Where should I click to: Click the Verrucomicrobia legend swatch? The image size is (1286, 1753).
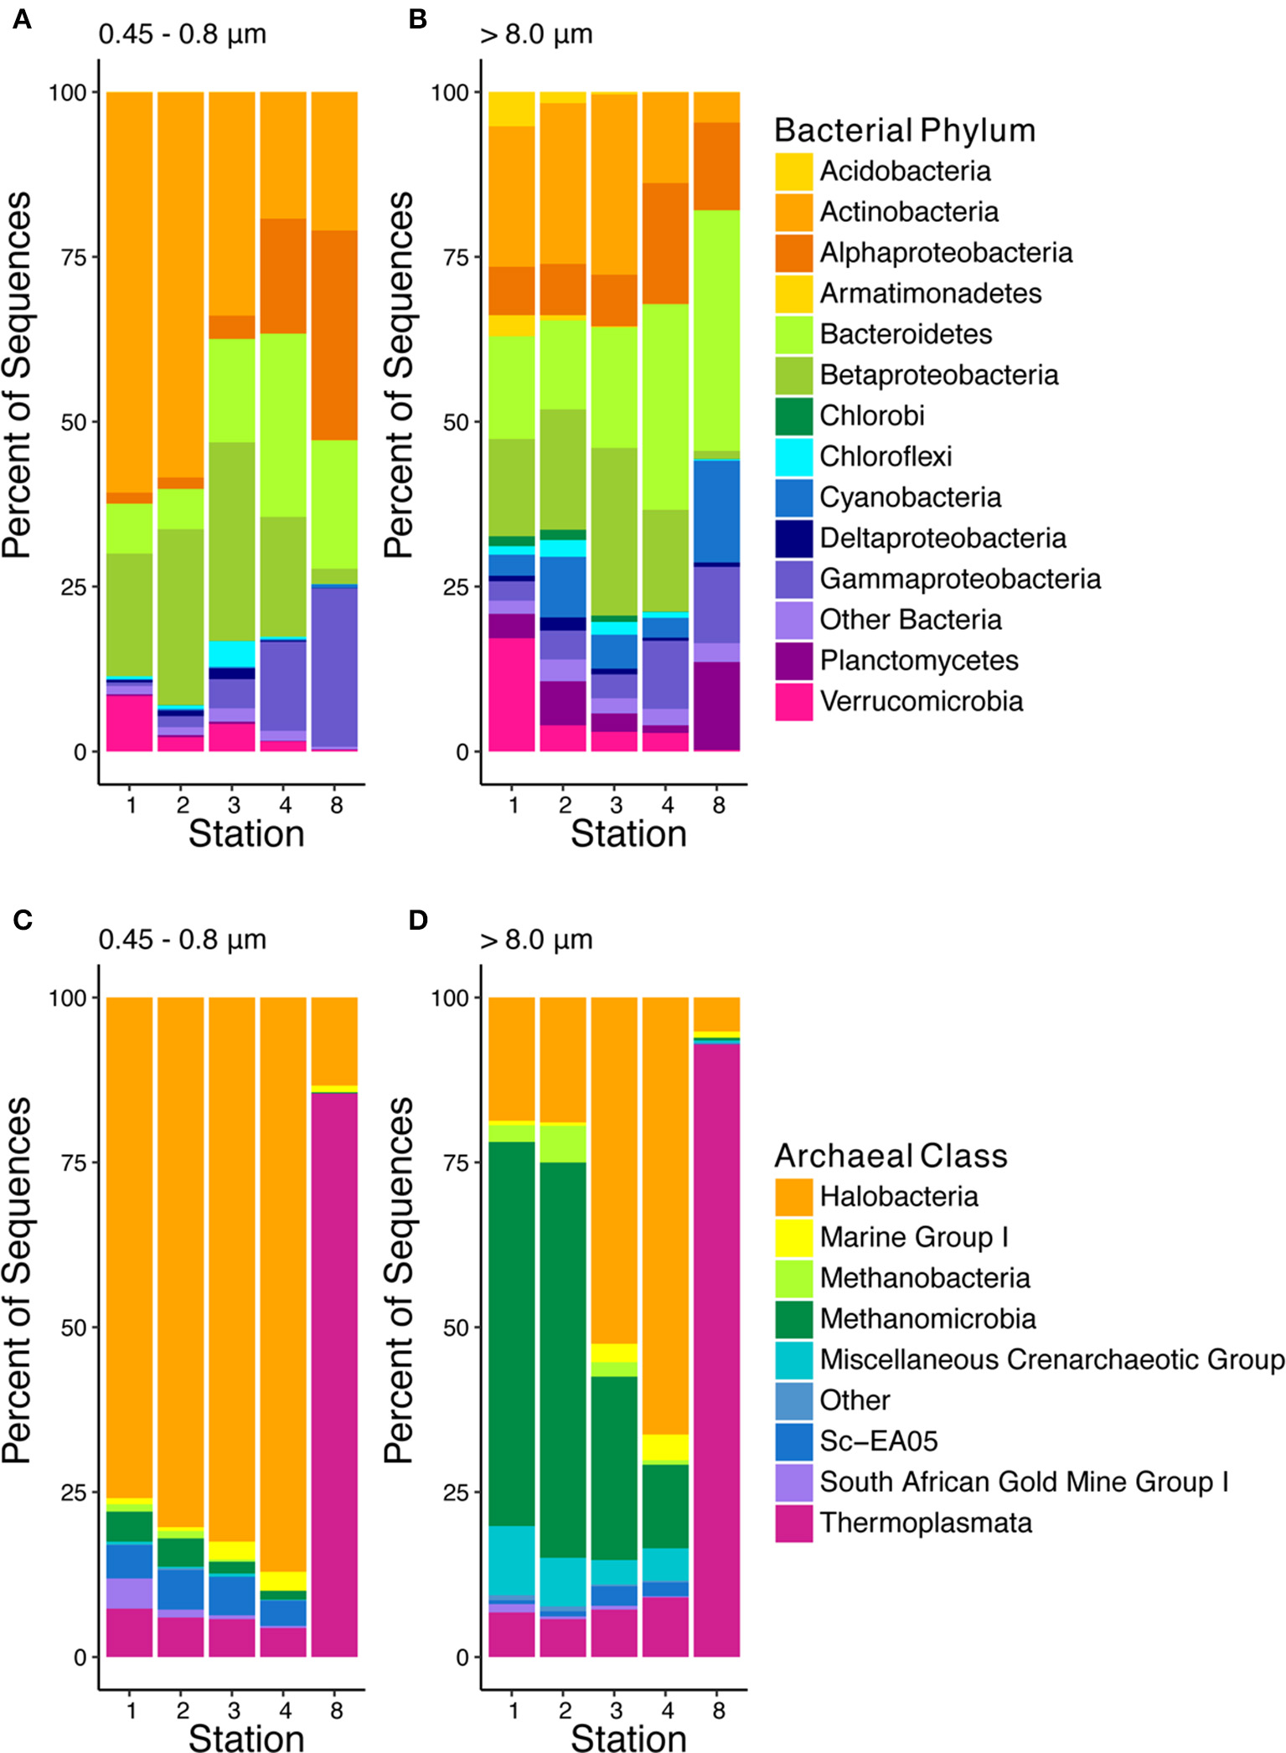coord(793,702)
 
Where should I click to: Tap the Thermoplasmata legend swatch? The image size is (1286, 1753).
coord(793,1523)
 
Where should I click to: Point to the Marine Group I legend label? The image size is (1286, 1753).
coord(914,1236)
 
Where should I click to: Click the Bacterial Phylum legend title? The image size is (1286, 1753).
coord(905,131)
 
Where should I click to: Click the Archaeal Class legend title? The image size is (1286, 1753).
coord(891,1156)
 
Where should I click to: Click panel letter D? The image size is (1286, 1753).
coord(417,920)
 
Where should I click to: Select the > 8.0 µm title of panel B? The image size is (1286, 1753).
coord(536,34)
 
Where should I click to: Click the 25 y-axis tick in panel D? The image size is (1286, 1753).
coord(456,1492)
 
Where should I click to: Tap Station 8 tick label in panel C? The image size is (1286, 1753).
coord(336,1710)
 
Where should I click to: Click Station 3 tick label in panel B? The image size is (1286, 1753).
coord(616,805)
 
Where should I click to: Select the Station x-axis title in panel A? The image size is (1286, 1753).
coord(246,834)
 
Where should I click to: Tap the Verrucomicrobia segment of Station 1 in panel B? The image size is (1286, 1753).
coord(512,694)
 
